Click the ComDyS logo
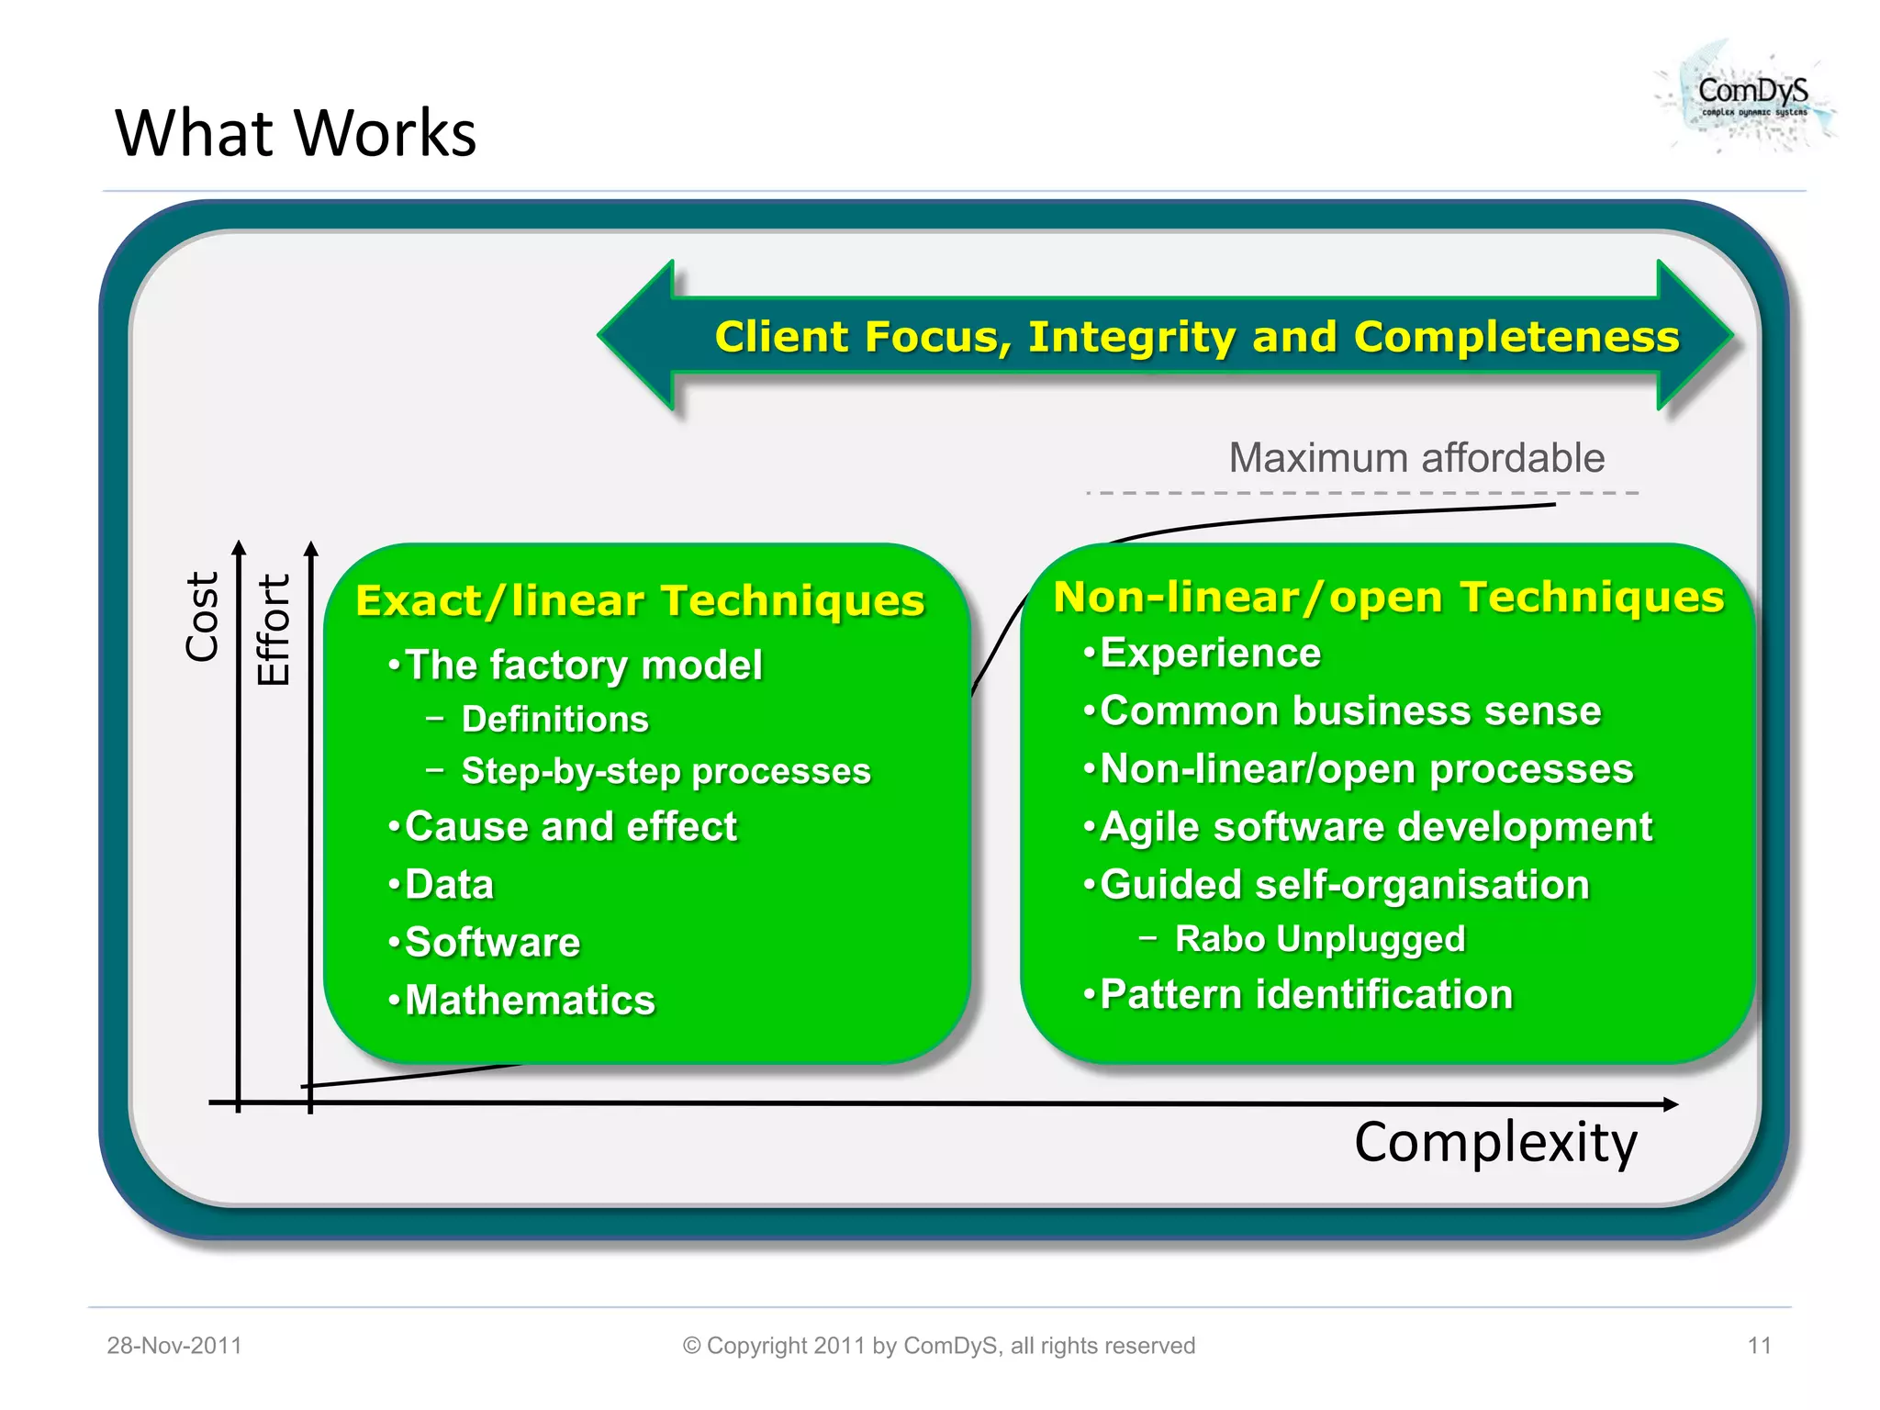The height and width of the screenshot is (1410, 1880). point(1750,96)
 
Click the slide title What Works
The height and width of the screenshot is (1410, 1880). point(296,133)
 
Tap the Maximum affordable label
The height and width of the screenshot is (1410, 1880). point(1416,458)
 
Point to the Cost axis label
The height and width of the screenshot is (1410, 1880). point(202,616)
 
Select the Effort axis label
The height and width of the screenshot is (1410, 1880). point(274,630)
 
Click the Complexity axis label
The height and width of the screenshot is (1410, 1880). point(1495,1143)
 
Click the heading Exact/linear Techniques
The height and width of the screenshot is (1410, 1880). point(640,601)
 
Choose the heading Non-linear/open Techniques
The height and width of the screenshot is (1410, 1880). point(1388,598)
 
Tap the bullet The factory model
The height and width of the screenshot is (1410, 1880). point(583,665)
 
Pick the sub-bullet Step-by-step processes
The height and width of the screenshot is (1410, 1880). point(666,771)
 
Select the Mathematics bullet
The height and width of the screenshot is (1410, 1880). point(530,1001)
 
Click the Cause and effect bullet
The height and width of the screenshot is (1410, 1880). point(570,827)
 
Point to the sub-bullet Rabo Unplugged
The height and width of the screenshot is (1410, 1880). point(1319,939)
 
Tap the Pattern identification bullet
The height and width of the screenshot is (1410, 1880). point(1305,995)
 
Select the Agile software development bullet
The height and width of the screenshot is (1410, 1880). point(1375,827)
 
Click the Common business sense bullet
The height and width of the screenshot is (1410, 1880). point(1349,711)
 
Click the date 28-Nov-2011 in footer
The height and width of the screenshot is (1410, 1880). point(174,1346)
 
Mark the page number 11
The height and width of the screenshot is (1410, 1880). point(1759,1346)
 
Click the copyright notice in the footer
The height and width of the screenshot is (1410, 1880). point(938,1346)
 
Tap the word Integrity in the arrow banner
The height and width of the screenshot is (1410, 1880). point(1131,337)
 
